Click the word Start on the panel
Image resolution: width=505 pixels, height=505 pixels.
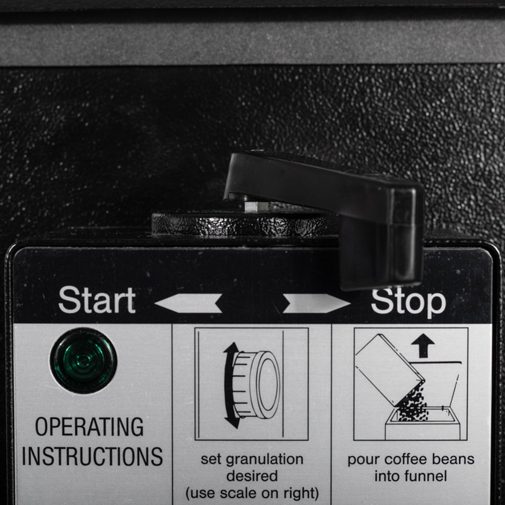(97, 300)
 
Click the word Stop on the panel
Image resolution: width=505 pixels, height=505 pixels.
(408, 301)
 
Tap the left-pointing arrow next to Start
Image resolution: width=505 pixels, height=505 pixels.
(188, 303)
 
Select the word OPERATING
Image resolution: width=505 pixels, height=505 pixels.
(90, 427)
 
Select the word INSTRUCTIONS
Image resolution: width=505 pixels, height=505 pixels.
(92, 456)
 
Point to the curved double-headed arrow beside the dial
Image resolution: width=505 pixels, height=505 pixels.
(230, 385)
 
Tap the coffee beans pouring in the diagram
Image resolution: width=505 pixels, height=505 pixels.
(412, 406)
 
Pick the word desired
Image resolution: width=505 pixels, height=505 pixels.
(252, 476)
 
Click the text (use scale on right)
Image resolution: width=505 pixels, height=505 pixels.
(252, 493)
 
